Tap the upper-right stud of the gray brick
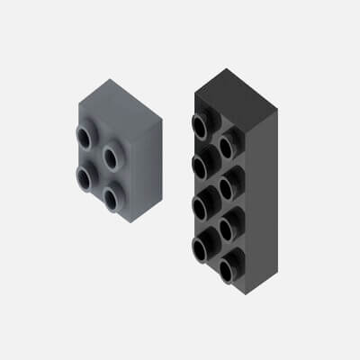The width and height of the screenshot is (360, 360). click(112, 156)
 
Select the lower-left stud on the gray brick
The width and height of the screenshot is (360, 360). click(84, 175)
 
